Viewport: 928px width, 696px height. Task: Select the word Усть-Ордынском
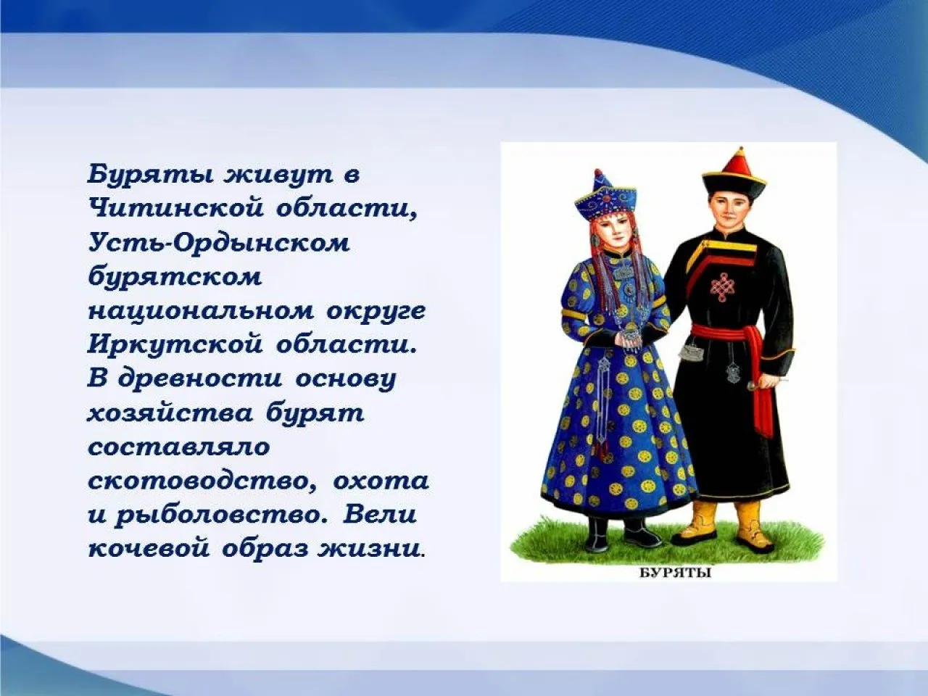pos(219,242)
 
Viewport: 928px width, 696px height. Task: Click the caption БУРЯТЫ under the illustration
pos(674,573)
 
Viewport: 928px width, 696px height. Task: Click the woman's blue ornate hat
pos(605,196)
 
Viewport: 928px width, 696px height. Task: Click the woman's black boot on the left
pos(599,535)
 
